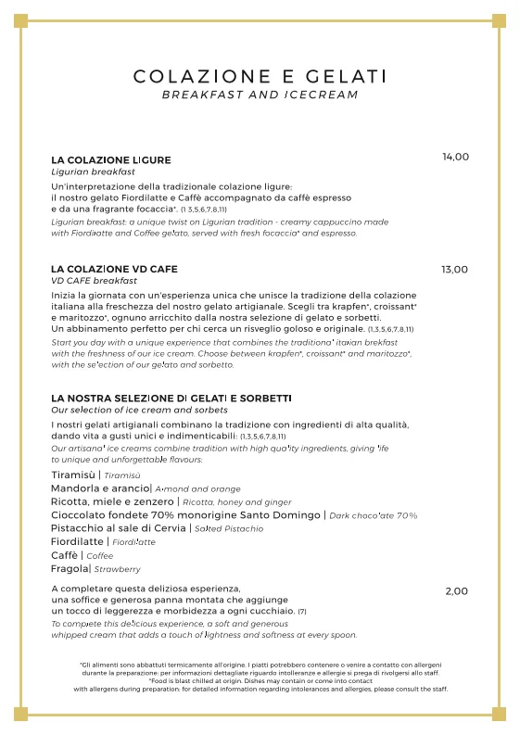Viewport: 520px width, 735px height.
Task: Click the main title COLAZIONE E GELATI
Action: (260, 76)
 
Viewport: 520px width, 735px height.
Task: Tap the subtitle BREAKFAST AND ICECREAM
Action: (260, 95)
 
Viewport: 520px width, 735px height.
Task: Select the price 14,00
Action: (455, 158)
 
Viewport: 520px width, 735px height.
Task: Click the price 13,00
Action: (454, 270)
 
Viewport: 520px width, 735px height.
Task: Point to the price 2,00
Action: (456, 591)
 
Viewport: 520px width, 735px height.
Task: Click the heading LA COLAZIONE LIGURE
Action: (111, 160)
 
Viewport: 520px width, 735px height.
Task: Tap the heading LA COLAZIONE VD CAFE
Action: (115, 269)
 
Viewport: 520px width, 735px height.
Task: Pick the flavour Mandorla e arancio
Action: (100, 488)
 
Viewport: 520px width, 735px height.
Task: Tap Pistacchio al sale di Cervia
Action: (118, 527)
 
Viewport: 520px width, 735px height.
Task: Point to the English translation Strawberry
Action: (118, 569)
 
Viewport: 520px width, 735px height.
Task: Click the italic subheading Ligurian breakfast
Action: (93, 172)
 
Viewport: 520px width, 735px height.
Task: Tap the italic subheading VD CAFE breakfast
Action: (94, 281)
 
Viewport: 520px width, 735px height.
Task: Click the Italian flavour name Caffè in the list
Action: (65, 555)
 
